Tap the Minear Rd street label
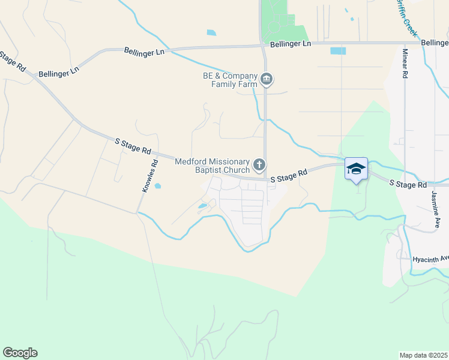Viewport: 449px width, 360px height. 405,64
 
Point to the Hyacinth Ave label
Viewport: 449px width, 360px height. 431,259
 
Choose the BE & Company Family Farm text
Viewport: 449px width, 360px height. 230,80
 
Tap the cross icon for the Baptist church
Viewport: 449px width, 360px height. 259,164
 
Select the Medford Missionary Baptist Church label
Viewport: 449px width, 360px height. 212,166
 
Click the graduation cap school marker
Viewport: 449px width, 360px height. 356,169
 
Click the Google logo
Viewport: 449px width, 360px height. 20,353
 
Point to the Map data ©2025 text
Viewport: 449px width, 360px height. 424,355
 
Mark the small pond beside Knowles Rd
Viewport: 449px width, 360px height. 158,186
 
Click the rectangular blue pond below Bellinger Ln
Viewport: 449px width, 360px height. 338,51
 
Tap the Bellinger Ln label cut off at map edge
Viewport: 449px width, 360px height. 435,43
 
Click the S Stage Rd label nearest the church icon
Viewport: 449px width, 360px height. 289,175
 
